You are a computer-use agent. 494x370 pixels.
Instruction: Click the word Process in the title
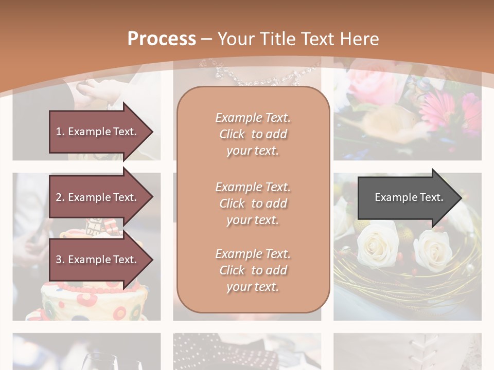click(x=162, y=39)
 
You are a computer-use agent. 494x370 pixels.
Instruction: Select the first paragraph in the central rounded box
click(x=253, y=134)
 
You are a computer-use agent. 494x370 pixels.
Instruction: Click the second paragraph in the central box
click(x=253, y=203)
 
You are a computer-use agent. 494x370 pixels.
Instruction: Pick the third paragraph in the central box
click(x=253, y=270)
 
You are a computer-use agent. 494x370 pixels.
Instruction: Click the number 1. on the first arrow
click(x=60, y=132)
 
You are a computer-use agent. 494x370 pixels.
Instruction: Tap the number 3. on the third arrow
click(x=60, y=260)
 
